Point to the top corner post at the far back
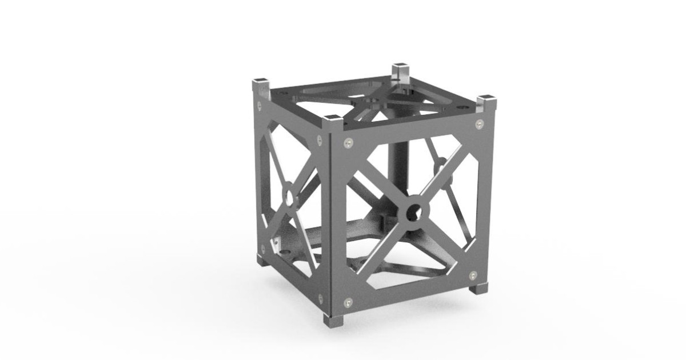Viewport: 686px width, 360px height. [401, 73]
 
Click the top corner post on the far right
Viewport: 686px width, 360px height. [487, 103]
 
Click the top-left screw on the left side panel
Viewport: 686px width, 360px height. [261, 105]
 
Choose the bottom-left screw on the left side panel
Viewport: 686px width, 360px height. [262, 248]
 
